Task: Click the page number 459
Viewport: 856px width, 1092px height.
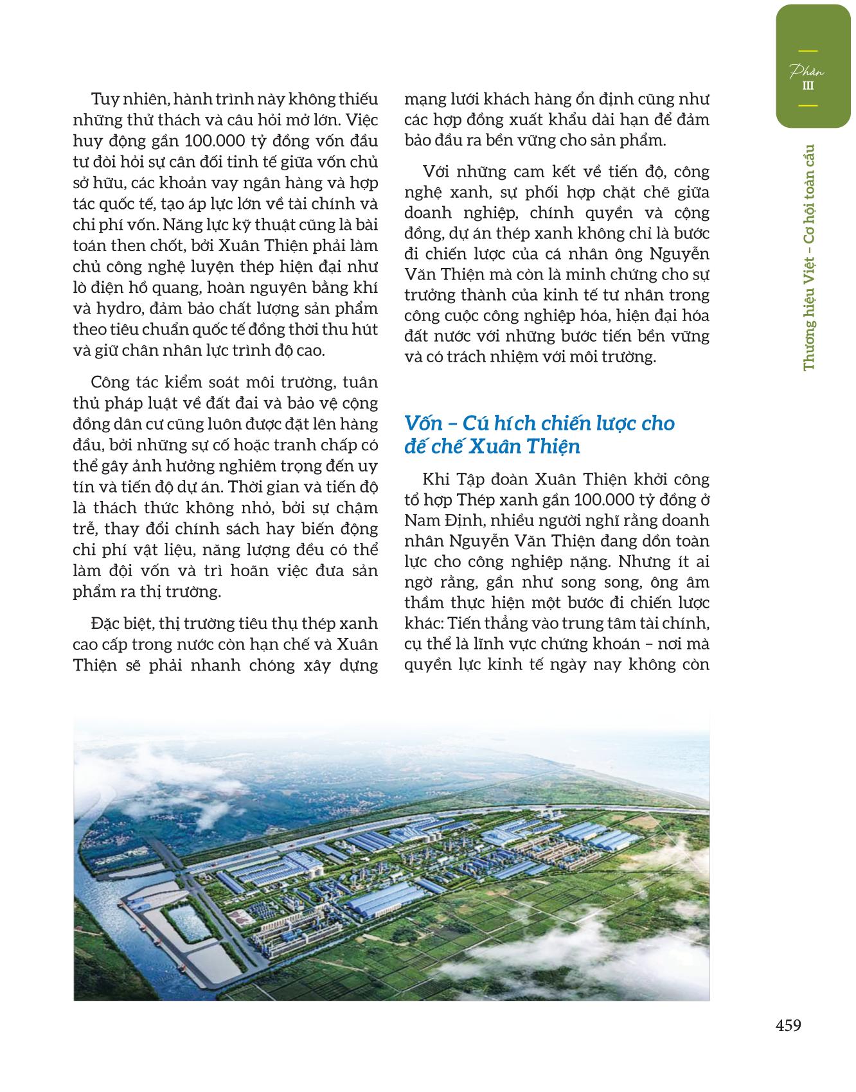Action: point(789,1026)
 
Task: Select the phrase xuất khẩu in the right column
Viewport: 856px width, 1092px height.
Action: point(564,120)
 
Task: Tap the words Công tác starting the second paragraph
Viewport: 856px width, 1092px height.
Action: point(122,382)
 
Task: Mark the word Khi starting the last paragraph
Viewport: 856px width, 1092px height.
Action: point(435,479)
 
